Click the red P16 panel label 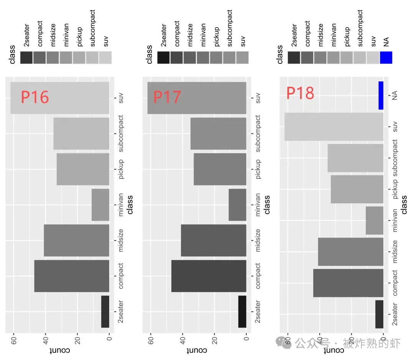[35, 97]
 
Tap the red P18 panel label [300, 93]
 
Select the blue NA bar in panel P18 [381, 96]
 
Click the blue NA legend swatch [386, 58]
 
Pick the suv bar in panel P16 [60, 98]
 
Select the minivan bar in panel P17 [237, 205]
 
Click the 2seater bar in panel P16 [105, 312]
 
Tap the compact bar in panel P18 [348, 283]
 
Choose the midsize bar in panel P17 [213, 240]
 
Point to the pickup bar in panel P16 [83, 169]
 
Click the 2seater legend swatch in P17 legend [164, 58]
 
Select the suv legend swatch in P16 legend [105, 58]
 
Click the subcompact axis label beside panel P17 [258, 133]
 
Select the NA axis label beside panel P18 [395, 96]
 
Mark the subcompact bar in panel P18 [355, 158]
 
